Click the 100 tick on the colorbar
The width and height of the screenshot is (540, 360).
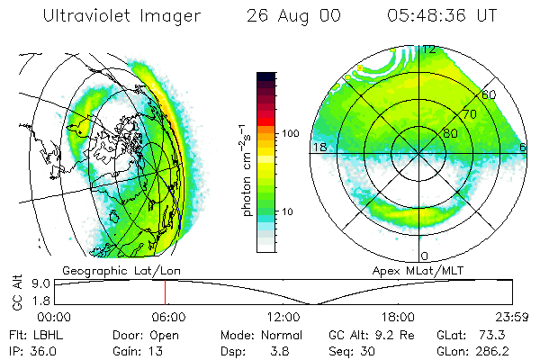pos(290,133)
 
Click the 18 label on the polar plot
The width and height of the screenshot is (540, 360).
pos(318,147)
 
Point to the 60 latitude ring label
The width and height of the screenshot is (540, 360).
pos(489,94)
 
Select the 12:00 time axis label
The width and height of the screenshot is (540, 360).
pos(283,317)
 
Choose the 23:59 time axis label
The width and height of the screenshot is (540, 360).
pos(510,317)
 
